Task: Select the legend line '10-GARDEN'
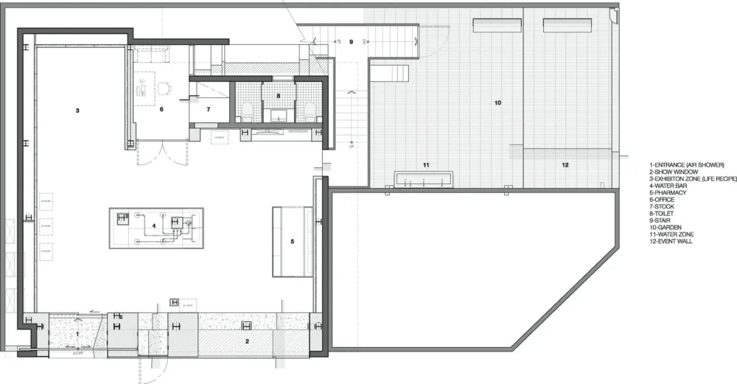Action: pos(666,227)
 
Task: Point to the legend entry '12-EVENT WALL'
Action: pos(671,241)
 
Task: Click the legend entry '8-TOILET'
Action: pos(665,213)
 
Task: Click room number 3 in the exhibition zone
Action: pos(77,111)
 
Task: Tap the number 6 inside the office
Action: pos(161,108)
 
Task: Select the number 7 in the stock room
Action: pos(208,108)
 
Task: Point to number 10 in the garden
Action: pos(497,102)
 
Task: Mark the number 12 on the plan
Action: pos(565,164)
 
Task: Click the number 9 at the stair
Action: pos(352,42)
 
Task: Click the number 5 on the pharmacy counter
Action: pos(292,241)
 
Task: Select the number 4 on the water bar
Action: pos(154,226)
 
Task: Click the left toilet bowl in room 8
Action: pos(248,112)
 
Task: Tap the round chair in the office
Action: pos(165,89)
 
